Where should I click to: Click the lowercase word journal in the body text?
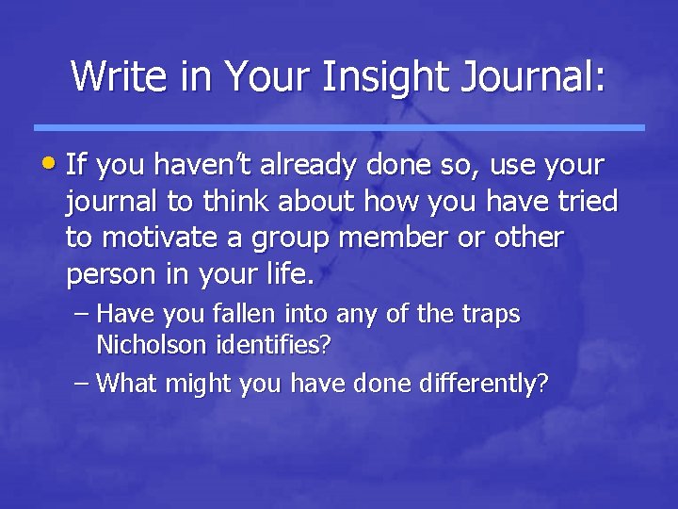coord(111,203)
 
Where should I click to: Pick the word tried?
coord(585,202)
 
